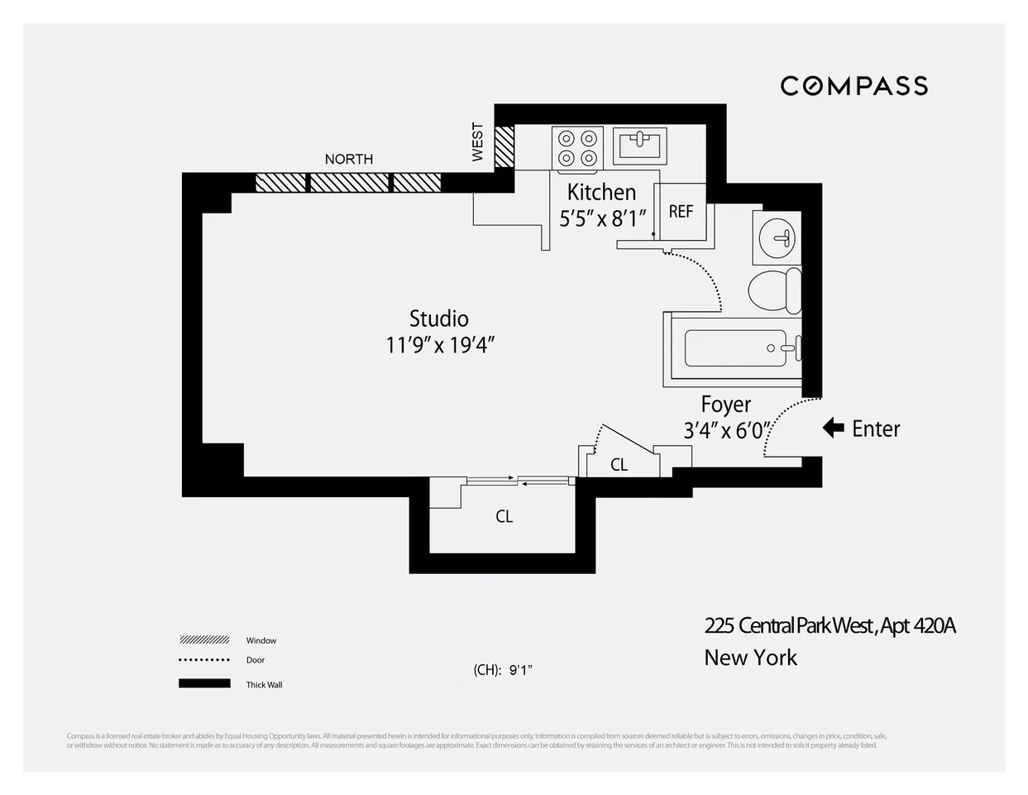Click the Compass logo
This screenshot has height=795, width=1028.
point(853,86)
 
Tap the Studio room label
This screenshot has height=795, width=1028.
point(439,318)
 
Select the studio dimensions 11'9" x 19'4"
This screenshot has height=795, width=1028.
point(440,344)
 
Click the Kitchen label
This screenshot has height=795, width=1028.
point(601,192)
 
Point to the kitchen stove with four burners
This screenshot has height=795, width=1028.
point(577,147)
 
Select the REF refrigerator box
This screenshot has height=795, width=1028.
point(681,212)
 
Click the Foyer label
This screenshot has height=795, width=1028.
point(725,405)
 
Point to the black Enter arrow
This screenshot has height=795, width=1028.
point(833,429)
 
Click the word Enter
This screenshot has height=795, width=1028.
point(876,429)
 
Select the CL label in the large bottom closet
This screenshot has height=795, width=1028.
point(504,516)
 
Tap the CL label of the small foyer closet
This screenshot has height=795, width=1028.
point(619,465)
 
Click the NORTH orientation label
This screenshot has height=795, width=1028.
point(348,159)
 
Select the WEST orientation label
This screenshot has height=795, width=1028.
point(477,142)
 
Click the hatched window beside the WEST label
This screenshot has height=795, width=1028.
point(504,147)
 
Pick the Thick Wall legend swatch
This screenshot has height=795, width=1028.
point(204,683)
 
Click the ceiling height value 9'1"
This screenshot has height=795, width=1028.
point(520,670)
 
